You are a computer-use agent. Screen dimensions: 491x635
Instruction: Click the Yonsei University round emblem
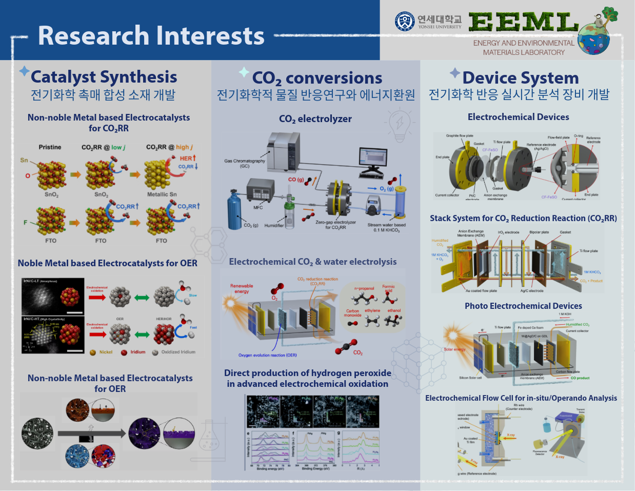(405, 22)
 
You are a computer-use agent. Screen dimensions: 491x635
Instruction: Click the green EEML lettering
(523, 23)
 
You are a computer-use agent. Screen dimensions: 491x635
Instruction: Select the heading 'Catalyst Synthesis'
(104, 77)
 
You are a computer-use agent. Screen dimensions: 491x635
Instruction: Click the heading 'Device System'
(520, 78)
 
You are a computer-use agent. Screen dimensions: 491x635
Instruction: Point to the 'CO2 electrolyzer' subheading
(315, 119)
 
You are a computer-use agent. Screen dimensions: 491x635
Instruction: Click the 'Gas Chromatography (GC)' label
(245, 163)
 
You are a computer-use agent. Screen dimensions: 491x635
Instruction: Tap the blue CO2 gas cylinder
(235, 210)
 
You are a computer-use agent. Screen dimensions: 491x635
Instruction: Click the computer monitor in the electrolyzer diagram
(373, 159)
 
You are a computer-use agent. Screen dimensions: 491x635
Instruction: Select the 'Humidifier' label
(274, 225)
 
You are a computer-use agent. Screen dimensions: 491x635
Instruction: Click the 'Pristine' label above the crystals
(50, 147)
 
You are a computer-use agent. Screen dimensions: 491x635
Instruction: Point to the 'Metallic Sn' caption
(162, 194)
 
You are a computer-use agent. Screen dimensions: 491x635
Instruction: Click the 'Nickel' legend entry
(106, 352)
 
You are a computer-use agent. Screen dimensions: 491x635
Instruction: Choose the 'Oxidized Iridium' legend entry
(178, 352)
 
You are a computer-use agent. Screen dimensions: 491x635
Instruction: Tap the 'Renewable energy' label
(242, 288)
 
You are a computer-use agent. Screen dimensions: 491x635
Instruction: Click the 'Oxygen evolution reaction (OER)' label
(267, 355)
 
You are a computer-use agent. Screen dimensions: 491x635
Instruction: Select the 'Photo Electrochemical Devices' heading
(523, 306)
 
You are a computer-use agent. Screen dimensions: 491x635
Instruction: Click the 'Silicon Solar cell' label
(470, 378)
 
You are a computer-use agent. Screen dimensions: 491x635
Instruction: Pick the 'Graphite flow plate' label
(460, 136)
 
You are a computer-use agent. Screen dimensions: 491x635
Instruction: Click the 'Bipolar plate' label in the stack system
(539, 232)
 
